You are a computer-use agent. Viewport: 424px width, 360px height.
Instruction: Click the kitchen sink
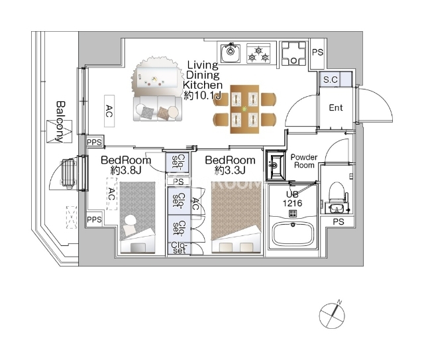point(230,53)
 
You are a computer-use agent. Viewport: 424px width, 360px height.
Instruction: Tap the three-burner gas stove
point(258,53)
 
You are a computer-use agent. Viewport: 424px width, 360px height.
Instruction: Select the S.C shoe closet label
point(331,80)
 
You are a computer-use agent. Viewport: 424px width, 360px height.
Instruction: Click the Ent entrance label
point(336,107)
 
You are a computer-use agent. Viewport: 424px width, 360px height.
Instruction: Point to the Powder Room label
point(304,161)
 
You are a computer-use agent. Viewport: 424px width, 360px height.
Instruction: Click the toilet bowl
point(336,192)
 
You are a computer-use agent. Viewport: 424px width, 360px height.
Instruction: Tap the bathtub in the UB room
point(293,234)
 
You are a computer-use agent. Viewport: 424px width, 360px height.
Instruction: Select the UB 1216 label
point(292,199)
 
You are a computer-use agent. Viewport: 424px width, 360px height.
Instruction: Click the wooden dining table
point(244,109)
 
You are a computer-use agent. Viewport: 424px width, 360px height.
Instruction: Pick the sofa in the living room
point(158,108)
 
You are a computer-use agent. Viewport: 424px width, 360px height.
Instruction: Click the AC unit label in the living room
point(109,111)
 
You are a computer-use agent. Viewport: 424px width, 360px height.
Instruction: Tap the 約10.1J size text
point(203,95)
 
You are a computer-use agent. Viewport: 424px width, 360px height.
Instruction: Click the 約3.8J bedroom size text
point(126,170)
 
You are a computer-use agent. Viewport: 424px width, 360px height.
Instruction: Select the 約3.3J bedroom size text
point(230,170)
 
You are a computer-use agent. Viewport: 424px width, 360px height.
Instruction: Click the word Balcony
point(61,122)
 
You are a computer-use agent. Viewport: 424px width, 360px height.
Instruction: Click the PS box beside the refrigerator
point(318,52)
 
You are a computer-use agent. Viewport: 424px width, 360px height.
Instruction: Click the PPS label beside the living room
point(94,142)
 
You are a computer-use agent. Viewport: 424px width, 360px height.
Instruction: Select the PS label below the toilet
point(339,222)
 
